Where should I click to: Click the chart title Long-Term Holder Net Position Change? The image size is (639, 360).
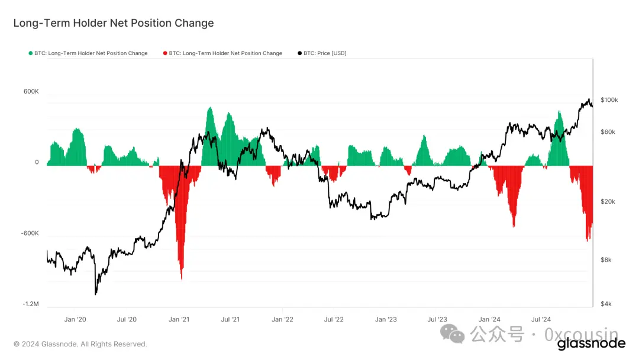[x=114, y=23]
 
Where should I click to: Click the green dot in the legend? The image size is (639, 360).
[x=31, y=53]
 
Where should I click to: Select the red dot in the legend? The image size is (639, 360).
[x=165, y=53]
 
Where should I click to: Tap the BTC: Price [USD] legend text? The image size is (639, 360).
[x=325, y=53]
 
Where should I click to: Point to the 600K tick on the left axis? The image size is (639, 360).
[x=31, y=92]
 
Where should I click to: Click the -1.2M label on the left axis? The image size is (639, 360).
[x=31, y=304]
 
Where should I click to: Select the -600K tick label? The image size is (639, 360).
[x=30, y=233]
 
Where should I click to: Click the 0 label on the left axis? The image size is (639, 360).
[x=37, y=162]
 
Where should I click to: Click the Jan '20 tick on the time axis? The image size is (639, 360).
[x=75, y=319]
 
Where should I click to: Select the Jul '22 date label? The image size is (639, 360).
[x=334, y=319]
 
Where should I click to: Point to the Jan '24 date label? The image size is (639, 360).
[x=490, y=319]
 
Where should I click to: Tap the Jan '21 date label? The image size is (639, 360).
[x=179, y=319]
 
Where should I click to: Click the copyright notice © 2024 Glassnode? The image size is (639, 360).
[x=80, y=344]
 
